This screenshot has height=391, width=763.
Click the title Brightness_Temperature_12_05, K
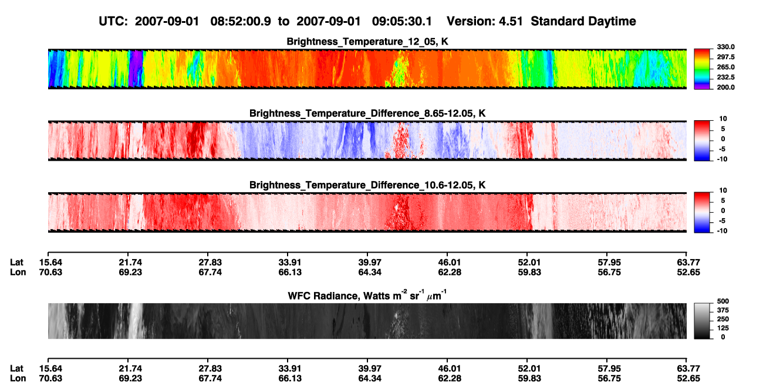pyautogui.click(x=367, y=42)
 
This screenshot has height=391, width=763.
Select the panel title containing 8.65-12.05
pyautogui.click(x=367, y=113)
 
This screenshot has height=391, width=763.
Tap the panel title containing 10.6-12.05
pyautogui.click(x=367, y=185)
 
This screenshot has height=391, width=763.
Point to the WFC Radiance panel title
pyautogui.click(x=367, y=295)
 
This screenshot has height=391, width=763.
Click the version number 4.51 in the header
pyautogui.click(x=511, y=21)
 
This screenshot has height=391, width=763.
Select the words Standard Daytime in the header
pyautogui.click(x=583, y=21)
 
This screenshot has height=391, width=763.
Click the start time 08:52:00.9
pyautogui.click(x=241, y=21)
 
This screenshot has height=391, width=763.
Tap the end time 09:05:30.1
pyautogui.click(x=402, y=21)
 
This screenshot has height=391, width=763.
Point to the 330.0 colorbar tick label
pyautogui.click(x=725, y=47)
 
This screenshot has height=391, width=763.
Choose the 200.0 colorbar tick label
pyautogui.click(x=725, y=87)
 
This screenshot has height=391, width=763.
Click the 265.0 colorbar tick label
pyautogui.click(x=725, y=67)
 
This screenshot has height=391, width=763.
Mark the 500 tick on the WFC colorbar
pyautogui.click(x=723, y=301)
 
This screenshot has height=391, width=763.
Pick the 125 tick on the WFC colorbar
pyautogui.click(x=723, y=328)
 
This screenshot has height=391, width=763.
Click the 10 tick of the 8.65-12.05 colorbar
pyautogui.click(x=723, y=119)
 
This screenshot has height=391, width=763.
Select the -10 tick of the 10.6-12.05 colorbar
pyautogui.click(x=722, y=231)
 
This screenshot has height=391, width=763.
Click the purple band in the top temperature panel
pyautogui.click(x=136, y=69)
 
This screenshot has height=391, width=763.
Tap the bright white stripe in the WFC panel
pyautogui.click(x=137, y=321)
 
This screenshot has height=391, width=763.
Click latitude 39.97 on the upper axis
pyautogui.click(x=370, y=263)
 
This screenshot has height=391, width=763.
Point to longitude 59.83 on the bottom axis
pyautogui.click(x=529, y=379)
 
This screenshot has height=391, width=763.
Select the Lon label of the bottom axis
pyautogui.click(x=18, y=379)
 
